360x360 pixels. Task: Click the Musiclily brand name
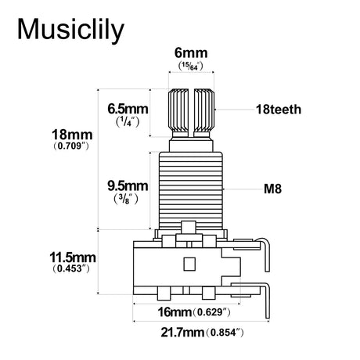click(x=70, y=30)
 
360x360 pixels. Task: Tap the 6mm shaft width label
click(x=191, y=53)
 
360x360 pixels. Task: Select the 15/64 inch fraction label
click(x=191, y=66)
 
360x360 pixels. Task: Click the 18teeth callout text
click(x=279, y=110)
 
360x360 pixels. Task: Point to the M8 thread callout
click(x=272, y=189)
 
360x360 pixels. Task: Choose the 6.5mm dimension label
click(x=128, y=109)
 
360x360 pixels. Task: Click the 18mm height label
click(x=72, y=135)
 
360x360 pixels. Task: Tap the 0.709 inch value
click(x=71, y=146)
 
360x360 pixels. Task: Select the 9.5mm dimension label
click(x=128, y=186)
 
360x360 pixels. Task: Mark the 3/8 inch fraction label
click(x=126, y=200)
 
